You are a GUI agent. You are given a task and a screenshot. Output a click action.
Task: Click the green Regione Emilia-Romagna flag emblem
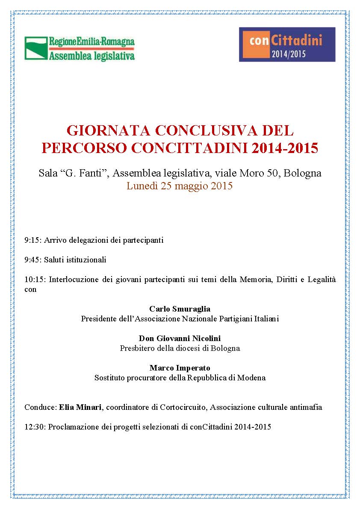pos(36,48)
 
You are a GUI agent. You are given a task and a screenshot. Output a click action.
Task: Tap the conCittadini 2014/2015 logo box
pos(287,44)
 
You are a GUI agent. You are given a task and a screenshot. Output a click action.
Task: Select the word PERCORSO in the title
pos(84,148)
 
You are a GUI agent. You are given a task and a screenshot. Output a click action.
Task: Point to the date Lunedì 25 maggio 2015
pos(180,186)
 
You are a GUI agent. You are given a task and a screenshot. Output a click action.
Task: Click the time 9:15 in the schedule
pos(32,240)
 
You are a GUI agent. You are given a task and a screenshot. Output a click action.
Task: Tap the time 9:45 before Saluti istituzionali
pos(32,260)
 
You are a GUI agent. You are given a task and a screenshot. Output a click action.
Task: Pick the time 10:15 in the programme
pos(34,280)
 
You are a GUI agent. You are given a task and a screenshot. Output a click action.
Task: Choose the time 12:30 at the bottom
pos(34,427)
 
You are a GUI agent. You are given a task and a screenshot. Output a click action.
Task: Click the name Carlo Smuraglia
pos(180,309)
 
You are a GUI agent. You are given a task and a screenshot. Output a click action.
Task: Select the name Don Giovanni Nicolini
pos(180,338)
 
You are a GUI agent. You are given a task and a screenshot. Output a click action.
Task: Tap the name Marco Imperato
pos(180,368)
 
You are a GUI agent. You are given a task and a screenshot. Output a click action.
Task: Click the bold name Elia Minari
pos(80,407)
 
